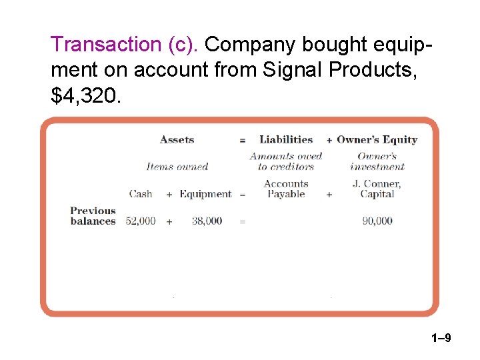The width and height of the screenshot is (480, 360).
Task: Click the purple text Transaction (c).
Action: click(125, 44)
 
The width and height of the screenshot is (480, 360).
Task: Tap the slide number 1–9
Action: click(439, 339)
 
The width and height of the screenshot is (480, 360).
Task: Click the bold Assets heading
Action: click(177, 140)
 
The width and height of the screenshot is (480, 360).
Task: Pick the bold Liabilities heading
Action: click(286, 140)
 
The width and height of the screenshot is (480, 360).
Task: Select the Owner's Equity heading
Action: click(377, 140)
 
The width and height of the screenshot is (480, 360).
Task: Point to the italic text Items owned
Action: click(177, 167)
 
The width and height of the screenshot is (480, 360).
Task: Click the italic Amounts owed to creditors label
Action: click(286, 161)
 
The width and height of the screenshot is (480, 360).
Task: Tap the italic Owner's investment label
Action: click(377, 161)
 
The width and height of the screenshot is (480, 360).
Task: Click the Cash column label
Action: click(141, 194)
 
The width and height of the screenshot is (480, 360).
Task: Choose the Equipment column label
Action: click(205, 194)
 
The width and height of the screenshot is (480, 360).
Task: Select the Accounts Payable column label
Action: click(286, 189)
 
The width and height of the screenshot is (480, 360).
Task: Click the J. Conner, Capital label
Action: click(377, 189)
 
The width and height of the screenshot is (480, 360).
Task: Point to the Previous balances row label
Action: click(93, 216)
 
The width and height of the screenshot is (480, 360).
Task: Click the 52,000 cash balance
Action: click(141, 221)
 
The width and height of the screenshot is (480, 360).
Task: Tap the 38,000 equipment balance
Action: click(207, 221)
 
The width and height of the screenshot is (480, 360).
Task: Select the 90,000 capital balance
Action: click(377, 221)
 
